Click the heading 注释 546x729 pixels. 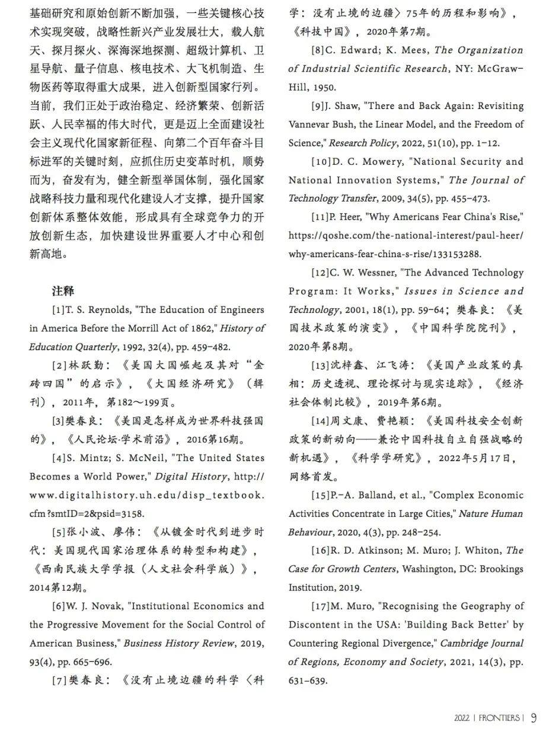pos(62,292)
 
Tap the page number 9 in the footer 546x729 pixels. pos(534,718)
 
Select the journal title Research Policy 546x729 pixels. pos(363,143)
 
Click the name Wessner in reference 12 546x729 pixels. pos(375,273)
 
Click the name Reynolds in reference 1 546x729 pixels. pos(107,310)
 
